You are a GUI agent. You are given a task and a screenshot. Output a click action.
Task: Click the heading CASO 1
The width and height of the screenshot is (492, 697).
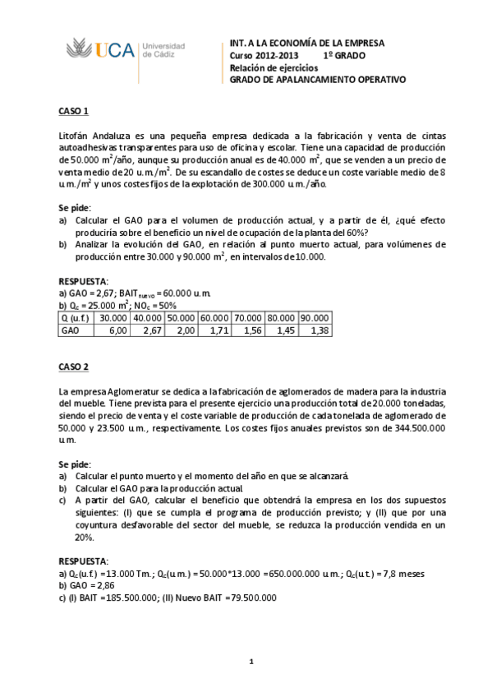pyautogui.click(x=73, y=111)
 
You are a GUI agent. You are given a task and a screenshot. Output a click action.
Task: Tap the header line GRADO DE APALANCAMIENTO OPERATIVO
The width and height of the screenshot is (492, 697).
pyautogui.click(x=317, y=81)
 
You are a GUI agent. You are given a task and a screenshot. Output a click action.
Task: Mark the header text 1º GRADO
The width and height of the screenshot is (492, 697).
pyautogui.click(x=344, y=55)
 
